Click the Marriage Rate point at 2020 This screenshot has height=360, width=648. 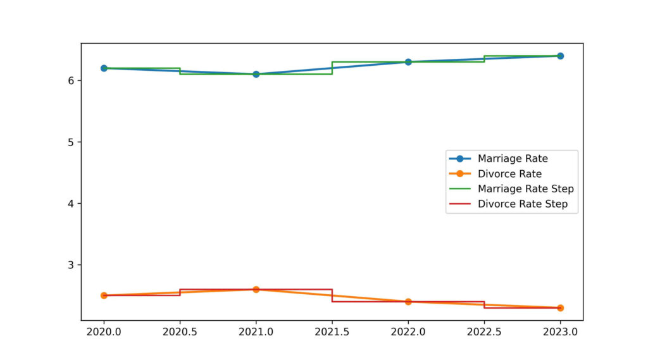pyautogui.click(x=104, y=68)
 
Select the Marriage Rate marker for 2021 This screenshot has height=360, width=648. pyautogui.click(x=256, y=74)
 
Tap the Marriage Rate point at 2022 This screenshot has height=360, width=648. pyautogui.click(x=408, y=62)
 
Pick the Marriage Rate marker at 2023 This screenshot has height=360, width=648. pyautogui.click(x=560, y=56)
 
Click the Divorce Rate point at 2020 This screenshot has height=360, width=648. pyautogui.click(x=104, y=295)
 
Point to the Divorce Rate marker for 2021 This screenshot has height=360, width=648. pyautogui.click(x=256, y=289)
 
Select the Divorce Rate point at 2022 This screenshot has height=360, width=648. pyautogui.click(x=408, y=302)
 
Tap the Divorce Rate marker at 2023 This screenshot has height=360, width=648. pyautogui.click(x=560, y=307)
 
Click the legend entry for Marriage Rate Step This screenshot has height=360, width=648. pyautogui.click(x=525, y=189)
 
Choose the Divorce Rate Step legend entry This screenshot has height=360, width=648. pyautogui.click(x=522, y=204)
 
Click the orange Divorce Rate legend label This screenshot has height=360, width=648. pyautogui.click(x=509, y=173)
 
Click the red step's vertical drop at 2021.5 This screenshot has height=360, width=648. pyautogui.click(x=332, y=295)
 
